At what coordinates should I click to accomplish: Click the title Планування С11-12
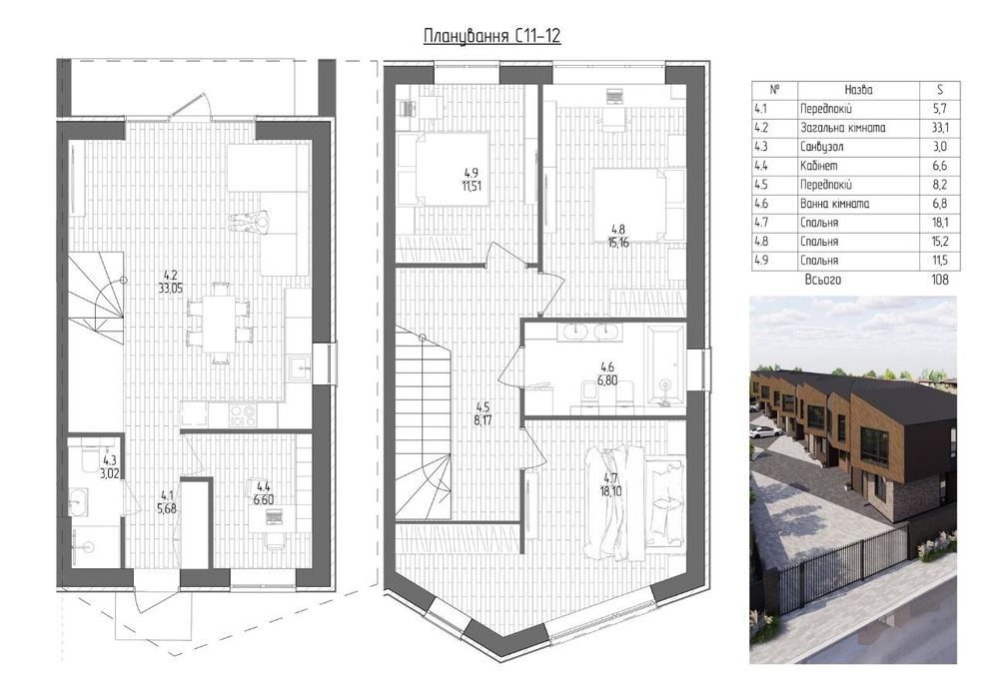(x=492, y=35)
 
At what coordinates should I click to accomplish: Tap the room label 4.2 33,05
(x=171, y=281)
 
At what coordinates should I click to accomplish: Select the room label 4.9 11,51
(x=472, y=179)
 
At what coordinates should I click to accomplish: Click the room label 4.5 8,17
(x=484, y=414)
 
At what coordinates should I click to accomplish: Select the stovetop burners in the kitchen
(x=243, y=415)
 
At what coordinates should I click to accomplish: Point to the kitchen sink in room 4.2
(x=299, y=366)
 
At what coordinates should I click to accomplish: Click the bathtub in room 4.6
(x=664, y=365)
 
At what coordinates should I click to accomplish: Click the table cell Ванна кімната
(x=834, y=204)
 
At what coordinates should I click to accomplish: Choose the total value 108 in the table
(x=939, y=280)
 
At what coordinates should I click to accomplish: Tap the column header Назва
(x=858, y=90)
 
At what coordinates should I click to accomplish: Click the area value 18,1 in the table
(x=940, y=223)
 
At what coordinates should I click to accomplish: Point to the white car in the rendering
(x=765, y=431)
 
